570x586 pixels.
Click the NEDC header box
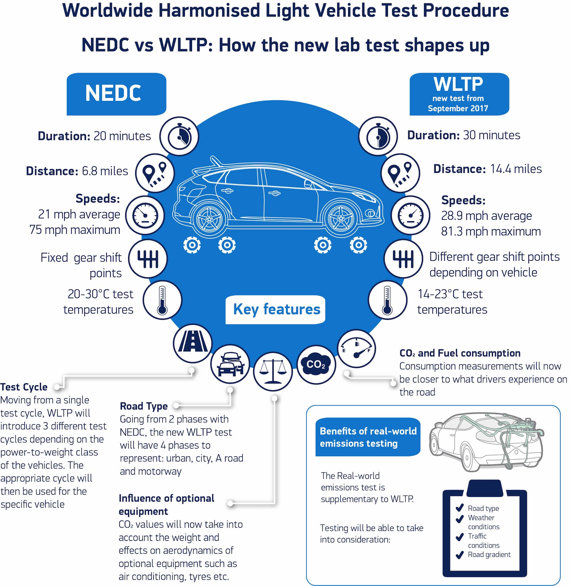[116, 94]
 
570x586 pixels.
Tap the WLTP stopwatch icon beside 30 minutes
[378, 136]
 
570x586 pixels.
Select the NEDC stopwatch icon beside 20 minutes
[179, 136]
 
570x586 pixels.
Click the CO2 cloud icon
[316, 364]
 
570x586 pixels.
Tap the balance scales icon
[273, 371]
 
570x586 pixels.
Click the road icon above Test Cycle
[193, 343]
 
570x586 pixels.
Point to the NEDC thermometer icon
[162, 300]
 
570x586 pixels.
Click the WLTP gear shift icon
[403, 258]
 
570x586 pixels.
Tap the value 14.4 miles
[515, 169]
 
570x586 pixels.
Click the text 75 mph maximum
[75, 230]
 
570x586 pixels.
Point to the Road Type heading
[144, 406]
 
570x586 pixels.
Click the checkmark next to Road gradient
[460, 555]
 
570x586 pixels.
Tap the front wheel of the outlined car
[341, 218]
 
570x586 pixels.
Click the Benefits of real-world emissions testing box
[368, 437]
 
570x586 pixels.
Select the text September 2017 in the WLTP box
[458, 108]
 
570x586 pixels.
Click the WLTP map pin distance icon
[400, 173]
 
